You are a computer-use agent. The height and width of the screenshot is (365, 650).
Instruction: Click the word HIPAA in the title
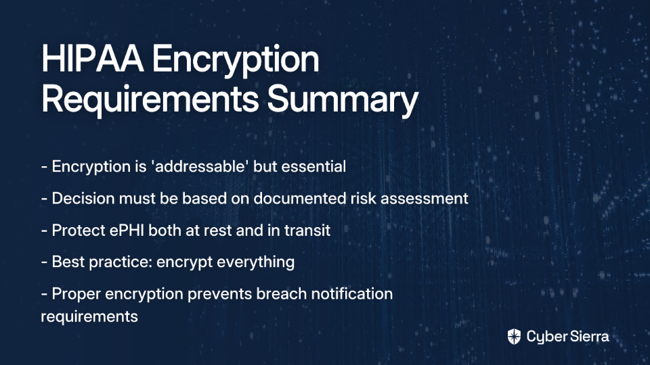pyautogui.click(x=93, y=59)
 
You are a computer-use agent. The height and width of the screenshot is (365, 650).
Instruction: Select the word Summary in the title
pyautogui.click(x=343, y=100)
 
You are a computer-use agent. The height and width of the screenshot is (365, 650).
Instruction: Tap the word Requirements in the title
pyautogui.click(x=150, y=100)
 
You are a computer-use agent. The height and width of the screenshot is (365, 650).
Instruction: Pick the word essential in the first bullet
pyautogui.click(x=313, y=166)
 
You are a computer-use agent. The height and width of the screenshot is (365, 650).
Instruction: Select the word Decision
pyautogui.click(x=83, y=198)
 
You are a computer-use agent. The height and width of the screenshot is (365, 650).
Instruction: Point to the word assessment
pyautogui.click(x=425, y=199)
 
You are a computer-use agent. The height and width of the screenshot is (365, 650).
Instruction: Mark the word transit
pyautogui.click(x=307, y=230)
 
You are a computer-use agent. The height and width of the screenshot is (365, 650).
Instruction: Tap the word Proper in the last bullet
pyautogui.click(x=77, y=294)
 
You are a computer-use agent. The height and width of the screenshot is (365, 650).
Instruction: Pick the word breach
pyautogui.click(x=282, y=294)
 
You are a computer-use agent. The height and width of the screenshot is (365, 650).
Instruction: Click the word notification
pyautogui.click(x=352, y=294)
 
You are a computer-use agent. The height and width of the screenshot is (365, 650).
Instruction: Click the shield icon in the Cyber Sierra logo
pyautogui.click(x=514, y=337)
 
